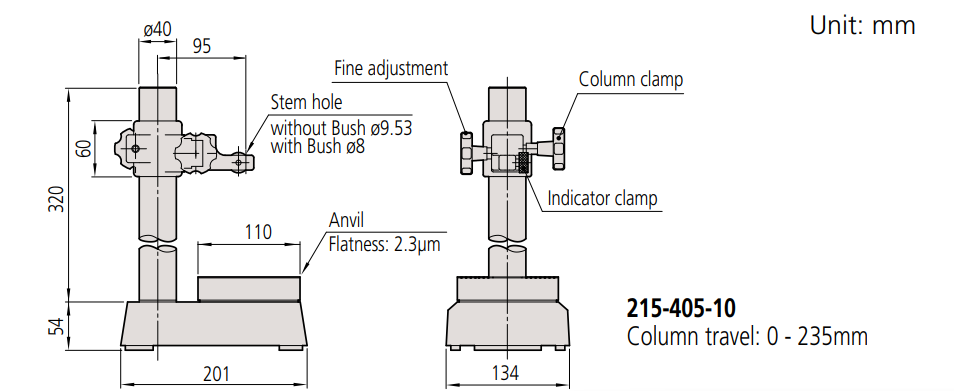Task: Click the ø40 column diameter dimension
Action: (x=158, y=29)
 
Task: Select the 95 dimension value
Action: (x=202, y=46)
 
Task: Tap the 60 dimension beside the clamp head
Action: (x=84, y=148)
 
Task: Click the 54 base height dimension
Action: (x=57, y=326)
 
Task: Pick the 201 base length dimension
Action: (x=216, y=373)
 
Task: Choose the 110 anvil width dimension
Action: (x=258, y=232)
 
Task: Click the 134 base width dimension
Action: (x=505, y=373)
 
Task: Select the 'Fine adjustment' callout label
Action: (x=391, y=68)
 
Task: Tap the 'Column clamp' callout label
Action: (x=631, y=79)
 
